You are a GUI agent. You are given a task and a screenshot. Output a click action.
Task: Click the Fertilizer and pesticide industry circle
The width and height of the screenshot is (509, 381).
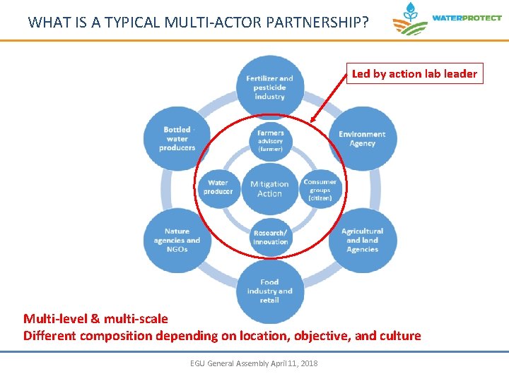[x=269, y=87]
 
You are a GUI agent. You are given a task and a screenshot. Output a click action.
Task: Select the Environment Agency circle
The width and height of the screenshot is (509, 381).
[x=362, y=139]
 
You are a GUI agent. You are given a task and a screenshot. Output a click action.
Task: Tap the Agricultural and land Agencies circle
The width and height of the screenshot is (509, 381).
[x=362, y=241]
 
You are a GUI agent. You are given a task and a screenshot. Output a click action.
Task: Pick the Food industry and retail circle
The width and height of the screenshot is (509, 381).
[x=269, y=291]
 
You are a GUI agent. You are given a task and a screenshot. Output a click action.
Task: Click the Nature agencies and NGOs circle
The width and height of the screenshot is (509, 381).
[x=177, y=241]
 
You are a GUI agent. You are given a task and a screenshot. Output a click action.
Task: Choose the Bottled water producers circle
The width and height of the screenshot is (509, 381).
[x=177, y=138]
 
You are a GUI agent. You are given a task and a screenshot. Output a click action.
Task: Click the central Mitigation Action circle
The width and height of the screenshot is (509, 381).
[x=269, y=188]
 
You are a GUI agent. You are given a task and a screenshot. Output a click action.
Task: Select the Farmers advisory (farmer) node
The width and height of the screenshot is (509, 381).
[x=270, y=140]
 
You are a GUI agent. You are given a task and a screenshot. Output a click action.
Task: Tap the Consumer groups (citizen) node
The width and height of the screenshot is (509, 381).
[x=320, y=190]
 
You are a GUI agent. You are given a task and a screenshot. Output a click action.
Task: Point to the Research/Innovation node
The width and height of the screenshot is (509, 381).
[x=270, y=238]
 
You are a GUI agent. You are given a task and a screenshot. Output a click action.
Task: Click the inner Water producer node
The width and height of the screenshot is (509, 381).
[x=218, y=188]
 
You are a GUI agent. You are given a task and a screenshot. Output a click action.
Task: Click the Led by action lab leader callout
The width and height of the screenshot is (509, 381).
[x=414, y=73]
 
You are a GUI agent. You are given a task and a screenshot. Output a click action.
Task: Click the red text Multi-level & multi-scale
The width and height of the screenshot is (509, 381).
[x=95, y=319]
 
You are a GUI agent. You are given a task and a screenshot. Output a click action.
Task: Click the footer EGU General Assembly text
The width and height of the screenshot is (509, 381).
[x=254, y=363]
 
